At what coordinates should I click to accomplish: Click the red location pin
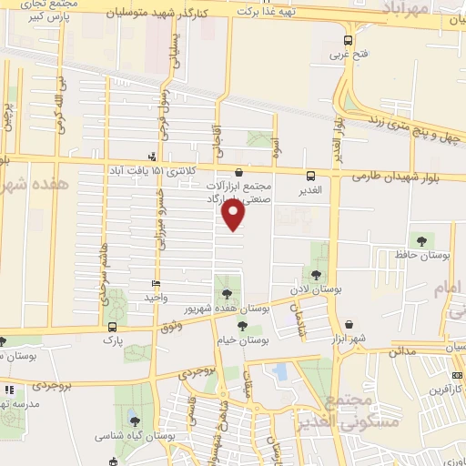pyautogui.click(x=233, y=213)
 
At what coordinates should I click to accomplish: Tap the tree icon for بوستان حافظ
pyautogui.click(x=421, y=241)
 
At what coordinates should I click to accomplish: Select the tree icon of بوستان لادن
pyautogui.click(x=316, y=275)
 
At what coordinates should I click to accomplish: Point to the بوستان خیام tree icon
pyautogui.click(x=242, y=325)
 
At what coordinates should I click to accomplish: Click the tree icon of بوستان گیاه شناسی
pyautogui.click(x=134, y=420)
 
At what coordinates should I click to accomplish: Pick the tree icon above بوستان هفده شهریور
pyautogui.click(x=226, y=293)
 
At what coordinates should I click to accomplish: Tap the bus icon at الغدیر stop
pyautogui.click(x=311, y=176)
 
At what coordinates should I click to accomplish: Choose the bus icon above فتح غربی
pyautogui.click(x=349, y=40)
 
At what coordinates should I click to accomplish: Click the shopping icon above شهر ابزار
pyautogui.click(x=349, y=325)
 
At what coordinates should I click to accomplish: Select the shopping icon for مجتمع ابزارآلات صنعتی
pyautogui.click(x=238, y=171)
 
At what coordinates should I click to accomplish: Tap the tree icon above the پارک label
pyautogui.click(x=113, y=325)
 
